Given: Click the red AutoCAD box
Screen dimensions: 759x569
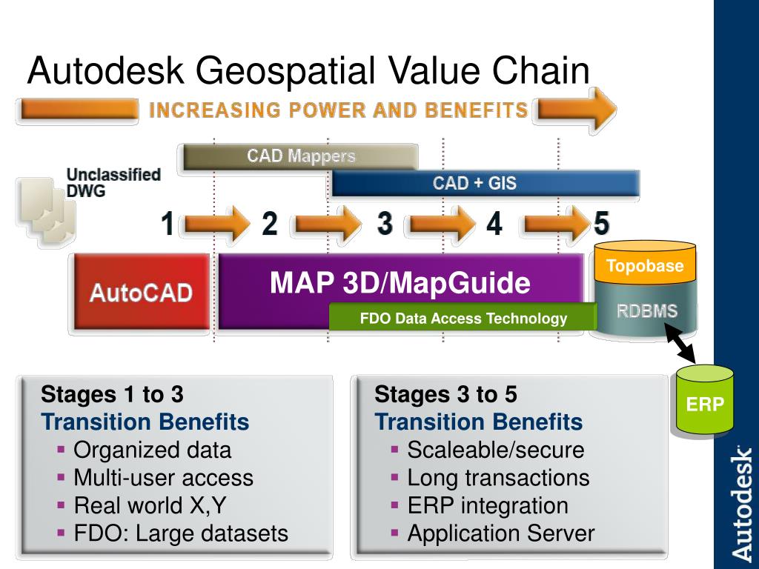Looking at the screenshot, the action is pos(142,292).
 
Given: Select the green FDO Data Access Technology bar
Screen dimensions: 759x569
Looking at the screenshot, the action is pos(463,317).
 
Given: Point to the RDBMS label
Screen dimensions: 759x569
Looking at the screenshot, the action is pos(646,310).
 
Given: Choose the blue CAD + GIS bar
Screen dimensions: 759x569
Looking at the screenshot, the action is pos(485,184).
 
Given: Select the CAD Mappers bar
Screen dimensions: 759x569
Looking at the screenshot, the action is pos(301,156).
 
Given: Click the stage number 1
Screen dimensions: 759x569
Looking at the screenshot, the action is pos(168,224).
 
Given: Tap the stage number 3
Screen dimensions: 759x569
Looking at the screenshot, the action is pos(385,224).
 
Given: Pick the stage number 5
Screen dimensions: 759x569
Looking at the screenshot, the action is pos(601,224).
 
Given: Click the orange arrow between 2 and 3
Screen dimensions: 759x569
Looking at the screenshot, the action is pos(328,224).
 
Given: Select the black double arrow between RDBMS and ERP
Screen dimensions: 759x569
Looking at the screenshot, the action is pos(680,343).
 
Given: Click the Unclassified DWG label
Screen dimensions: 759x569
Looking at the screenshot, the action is pos(113,182).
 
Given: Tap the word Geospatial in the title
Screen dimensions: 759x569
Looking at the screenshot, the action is pos(285,71).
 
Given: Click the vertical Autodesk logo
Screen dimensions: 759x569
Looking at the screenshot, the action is pos(740,503).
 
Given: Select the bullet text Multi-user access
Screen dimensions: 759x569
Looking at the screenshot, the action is pos(163,478).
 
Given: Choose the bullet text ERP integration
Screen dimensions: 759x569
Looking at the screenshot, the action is pos(488,506).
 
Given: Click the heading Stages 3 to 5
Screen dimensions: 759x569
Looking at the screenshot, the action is pos(445,394).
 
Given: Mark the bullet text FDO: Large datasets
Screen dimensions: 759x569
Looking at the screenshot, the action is pos(181,533).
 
